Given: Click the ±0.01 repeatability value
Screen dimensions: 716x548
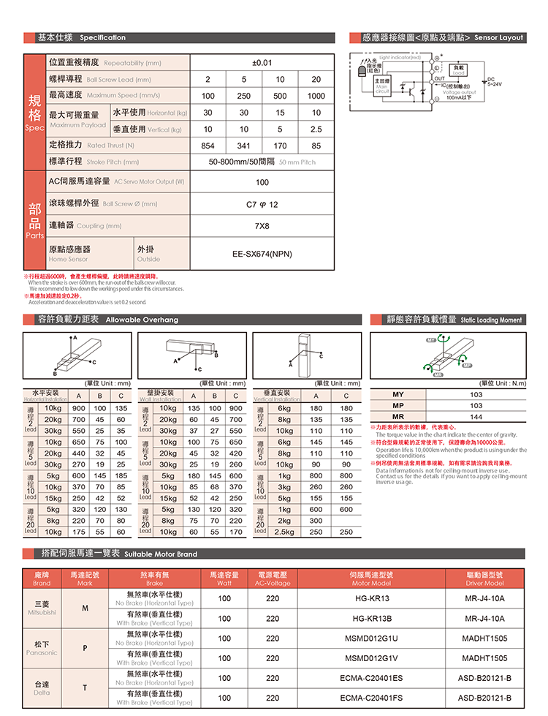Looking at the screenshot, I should click(262, 63).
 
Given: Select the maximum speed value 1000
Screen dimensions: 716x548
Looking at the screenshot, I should click(316, 96).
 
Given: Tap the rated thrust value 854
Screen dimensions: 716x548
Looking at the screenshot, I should click(208, 146).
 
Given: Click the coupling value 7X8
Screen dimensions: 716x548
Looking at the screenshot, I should click(262, 225).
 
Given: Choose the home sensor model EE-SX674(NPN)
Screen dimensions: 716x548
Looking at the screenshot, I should click(262, 255).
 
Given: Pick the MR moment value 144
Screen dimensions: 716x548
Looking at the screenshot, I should click(476, 416).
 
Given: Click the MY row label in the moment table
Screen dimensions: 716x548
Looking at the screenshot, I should click(398, 395).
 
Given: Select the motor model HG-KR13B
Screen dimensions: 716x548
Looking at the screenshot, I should click(372, 619).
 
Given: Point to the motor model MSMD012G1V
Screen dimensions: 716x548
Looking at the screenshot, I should click(372, 658).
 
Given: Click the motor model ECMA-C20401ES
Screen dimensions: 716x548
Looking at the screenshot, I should click(372, 678).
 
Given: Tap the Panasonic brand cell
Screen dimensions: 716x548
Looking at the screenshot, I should click(42, 649).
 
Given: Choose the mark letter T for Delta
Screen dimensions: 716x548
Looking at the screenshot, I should click(85, 688).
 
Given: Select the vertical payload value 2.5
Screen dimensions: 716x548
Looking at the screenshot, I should click(316, 129).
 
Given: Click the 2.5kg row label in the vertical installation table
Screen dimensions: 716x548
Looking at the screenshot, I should click(283, 532).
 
